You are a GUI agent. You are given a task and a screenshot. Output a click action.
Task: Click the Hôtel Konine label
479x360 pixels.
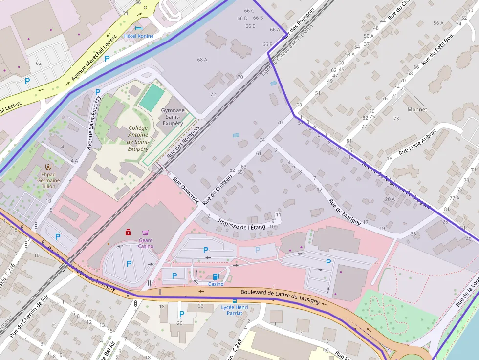pyautogui.click(x=139, y=36)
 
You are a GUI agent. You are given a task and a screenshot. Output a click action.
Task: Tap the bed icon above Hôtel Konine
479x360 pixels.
pyautogui.click(x=138, y=29)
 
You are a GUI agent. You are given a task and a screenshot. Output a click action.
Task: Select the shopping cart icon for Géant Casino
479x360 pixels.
pyautogui.click(x=145, y=233)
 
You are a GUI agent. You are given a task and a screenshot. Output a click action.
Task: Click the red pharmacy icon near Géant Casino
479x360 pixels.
pyautogui.click(x=128, y=232)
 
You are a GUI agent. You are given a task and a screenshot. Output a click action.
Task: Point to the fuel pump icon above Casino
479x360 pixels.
pyautogui.click(x=216, y=276)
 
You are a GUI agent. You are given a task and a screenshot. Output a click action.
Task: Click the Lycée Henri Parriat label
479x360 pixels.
pyautogui.click(x=235, y=310)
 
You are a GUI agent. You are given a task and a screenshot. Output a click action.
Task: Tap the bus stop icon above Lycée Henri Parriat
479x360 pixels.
pyautogui.click(x=235, y=300)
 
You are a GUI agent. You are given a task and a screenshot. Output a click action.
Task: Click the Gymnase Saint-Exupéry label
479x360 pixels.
pyautogui.click(x=173, y=117)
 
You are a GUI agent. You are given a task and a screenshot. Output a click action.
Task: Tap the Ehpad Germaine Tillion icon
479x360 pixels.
pyautogui.click(x=48, y=167)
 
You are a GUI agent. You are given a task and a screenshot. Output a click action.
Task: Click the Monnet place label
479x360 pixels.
pyautogui.click(x=417, y=109)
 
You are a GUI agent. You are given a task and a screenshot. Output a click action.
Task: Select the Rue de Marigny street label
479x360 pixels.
pyautogui.click(x=345, y=212)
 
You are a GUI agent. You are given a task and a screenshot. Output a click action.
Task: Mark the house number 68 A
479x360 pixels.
pyautogui.click(x=202, y=60)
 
